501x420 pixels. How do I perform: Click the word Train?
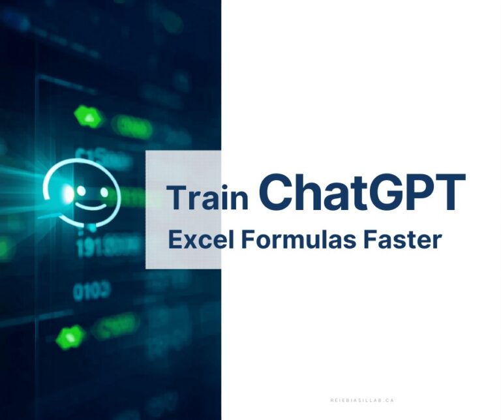207,197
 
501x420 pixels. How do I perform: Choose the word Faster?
405,239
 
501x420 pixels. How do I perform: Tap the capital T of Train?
175,196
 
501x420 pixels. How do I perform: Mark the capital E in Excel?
174,239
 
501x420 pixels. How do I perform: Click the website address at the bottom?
361,400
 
